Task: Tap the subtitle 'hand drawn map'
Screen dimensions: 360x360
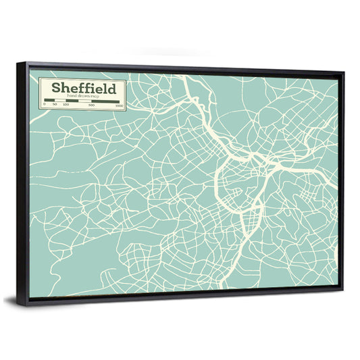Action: pyautogui.click(x=82, y=97)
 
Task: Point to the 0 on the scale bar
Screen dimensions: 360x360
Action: pyautogui.click(x=45, y=106)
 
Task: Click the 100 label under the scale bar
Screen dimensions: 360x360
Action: pyautogui.click(x=66, y=106)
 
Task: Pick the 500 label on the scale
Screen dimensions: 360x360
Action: pyautogui.click(x=91, y=106)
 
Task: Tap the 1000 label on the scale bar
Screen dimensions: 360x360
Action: pyautogui.click(x=118, y=106)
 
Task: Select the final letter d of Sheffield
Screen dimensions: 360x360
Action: pyautogui.click(x=112, y=88)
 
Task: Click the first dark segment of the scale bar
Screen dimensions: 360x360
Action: pyautogui.click(x=49, y=101)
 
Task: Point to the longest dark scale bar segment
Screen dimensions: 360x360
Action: pyautogui.click(x=105, y=101)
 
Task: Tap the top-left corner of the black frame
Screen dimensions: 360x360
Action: pyautogui.click(x=19, y=64)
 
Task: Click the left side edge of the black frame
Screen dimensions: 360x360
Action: pyautogui.click(x=22, y=182)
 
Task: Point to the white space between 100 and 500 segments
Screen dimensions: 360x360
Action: pyautogui.click(x=78, y=101)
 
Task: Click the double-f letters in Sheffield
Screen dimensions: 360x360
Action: pyautogui.click(x=85, y=88)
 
